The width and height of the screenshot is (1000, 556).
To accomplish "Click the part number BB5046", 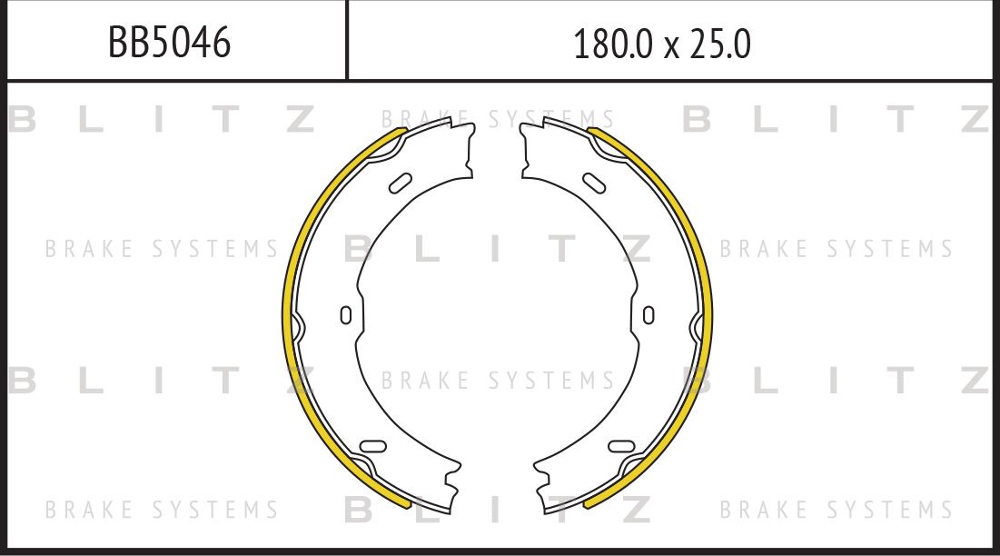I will click(x=169, y=42).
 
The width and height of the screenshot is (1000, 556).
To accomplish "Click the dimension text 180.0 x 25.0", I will click(x=662, y=44).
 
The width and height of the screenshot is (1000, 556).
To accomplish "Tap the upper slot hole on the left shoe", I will click(x=400, y=183).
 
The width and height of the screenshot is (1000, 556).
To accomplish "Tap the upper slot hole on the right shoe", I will click(x=594, y=183).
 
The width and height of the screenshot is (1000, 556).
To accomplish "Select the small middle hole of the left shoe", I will click(x=345, y=315).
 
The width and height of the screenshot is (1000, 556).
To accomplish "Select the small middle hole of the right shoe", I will click(x=648, y=315).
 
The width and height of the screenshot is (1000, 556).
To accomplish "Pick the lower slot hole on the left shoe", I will click(x=372, y=445).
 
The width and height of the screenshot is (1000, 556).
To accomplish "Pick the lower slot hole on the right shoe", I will click(x=621, y=445).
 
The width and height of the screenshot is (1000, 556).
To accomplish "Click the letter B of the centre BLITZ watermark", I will click(x=360, y=249).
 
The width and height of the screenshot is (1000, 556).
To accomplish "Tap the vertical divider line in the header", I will click(x=347, y=40).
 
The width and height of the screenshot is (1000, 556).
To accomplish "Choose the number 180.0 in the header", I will click(x=613, y=44).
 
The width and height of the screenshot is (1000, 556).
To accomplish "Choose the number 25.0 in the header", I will click(x=720, y=44).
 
